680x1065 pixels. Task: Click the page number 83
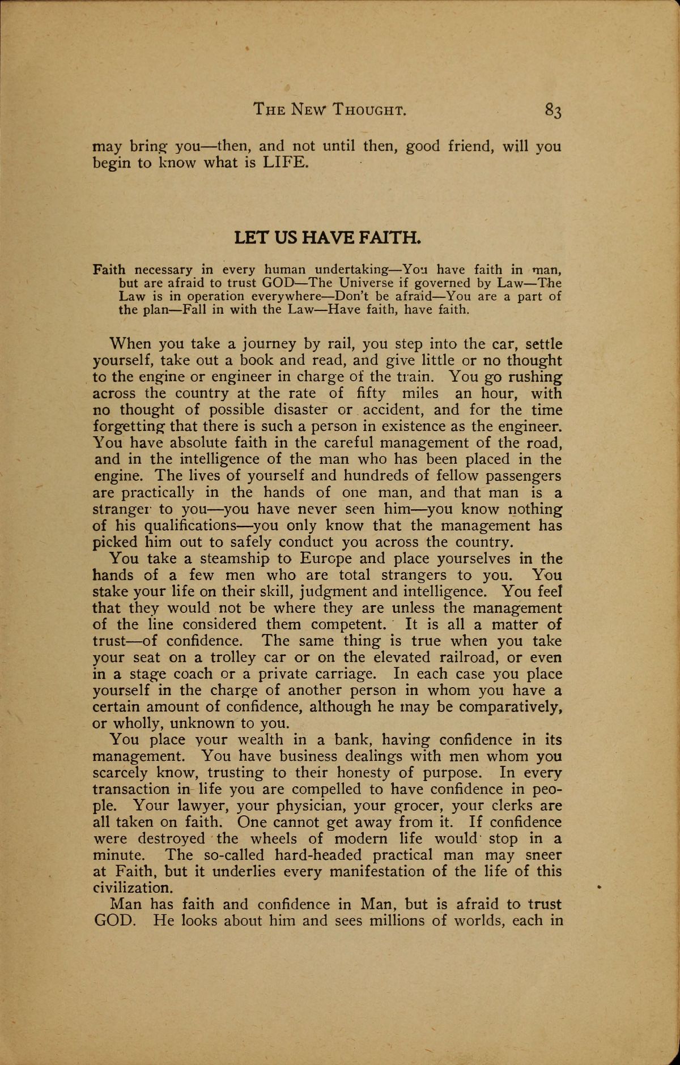[552, 110]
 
